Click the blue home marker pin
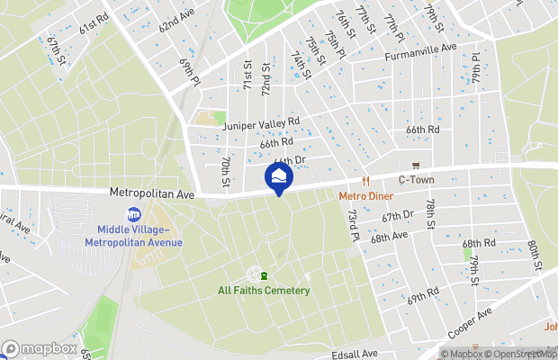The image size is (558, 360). [279, 177]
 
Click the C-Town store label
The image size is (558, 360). [416, 179]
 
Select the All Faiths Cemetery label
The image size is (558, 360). [264, 290]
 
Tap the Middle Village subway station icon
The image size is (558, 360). [134, 214]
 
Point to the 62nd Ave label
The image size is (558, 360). [176, 22]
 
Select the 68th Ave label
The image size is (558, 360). [390, 237]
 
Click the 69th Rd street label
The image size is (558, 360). [422, 295]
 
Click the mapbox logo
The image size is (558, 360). [40, 348]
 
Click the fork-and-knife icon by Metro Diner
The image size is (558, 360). [367, 180]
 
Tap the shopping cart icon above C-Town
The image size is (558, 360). [416, 166]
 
